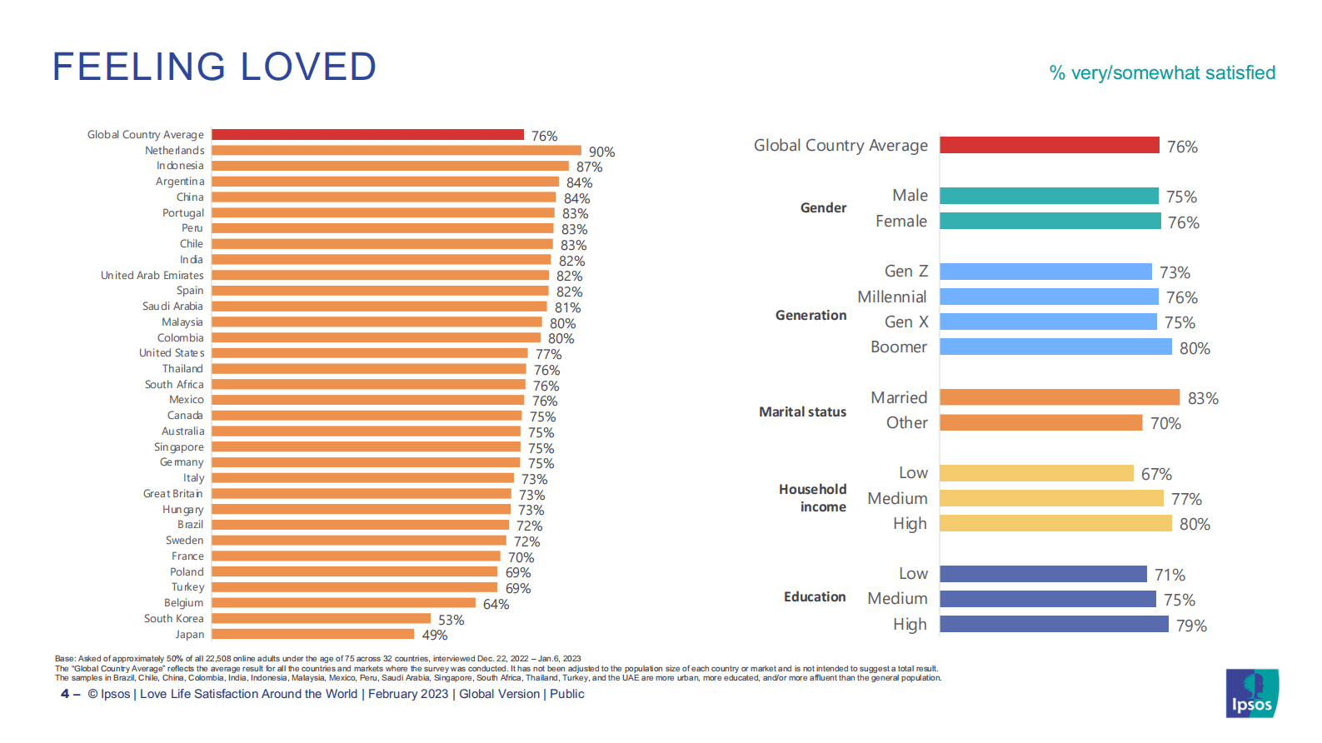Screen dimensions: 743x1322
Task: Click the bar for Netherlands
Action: pyautogui.click(x=397, y=151)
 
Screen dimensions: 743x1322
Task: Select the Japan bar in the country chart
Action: pyautogui.click(x=312, y=634)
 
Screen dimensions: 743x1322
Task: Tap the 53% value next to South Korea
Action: pyautogui.click(x=451, y=621)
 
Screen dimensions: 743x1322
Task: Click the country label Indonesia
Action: pyautogui.click(x=180, y=166)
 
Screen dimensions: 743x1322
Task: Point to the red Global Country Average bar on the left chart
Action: pyautogui.click(x=367, y=135)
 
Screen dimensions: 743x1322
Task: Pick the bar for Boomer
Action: pyautogui.click(x=1055, y=347)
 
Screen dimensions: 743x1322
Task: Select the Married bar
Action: pyautogui.click(x=1060, y=397)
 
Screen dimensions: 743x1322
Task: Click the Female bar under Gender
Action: pyautogui.click(x=1050, y=221)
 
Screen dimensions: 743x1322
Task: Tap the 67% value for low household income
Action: pyautogui.click(x=1156, y=474)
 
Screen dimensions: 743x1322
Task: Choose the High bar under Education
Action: pyautogui.click(x=1054, y=624)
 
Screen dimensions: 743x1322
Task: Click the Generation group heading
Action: pyautogui.click(x=811, y=316)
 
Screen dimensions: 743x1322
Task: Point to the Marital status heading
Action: pyautogui.click(x=802, y=412)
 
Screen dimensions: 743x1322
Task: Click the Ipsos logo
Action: pyautogui.click(x=1252, y=693)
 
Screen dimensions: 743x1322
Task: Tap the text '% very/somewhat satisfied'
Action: pyautogui.click(x=1162, y=73)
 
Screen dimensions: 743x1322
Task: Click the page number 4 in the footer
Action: pyautogui.click(x=65, y=694)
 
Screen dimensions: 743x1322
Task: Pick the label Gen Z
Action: pyautogui.click(x=905, y=272)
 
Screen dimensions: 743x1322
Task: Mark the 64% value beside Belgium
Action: pyautogui.click(x=496, y=605)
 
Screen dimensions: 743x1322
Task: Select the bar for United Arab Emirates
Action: pyautogui.click(x=380, y=275)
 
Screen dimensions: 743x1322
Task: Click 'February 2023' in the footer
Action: pyautogui.click(x=408, y=694)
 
